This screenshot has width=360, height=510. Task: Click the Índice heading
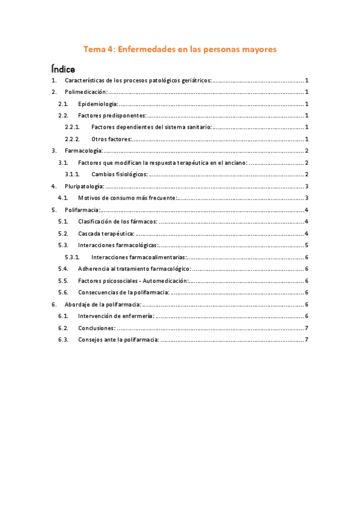click(x=63, y=69)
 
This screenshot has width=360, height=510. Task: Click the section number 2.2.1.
click(x=73, y=127)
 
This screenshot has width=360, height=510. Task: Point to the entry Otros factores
click(x=111, y=139)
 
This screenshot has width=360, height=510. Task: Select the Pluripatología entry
click(x=84, y=186)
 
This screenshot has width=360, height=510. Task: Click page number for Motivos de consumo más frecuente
click(x=307, y=198)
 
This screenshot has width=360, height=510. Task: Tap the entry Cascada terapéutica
click(x=106, y=233)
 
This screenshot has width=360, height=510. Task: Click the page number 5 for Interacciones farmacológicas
click(x=307, y=245)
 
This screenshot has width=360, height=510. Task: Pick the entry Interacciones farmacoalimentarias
click(x=139, y=257)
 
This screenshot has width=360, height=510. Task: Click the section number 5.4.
click(x=63, y=269)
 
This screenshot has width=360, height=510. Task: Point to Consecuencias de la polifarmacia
click(x=123, y=292)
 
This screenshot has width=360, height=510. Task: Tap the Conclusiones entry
click(x=96, y=328)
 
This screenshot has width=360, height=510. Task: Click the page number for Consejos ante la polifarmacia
click(x=307, y=340)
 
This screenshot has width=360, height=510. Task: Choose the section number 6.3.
click(x=63, y=340)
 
